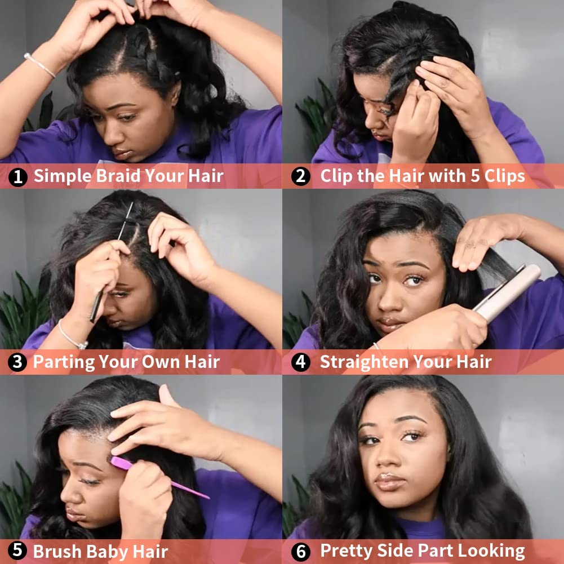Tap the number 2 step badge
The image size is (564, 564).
pos(301,177)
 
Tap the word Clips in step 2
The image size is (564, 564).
pos(499,176)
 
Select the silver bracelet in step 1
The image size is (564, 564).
pos(39,65)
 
